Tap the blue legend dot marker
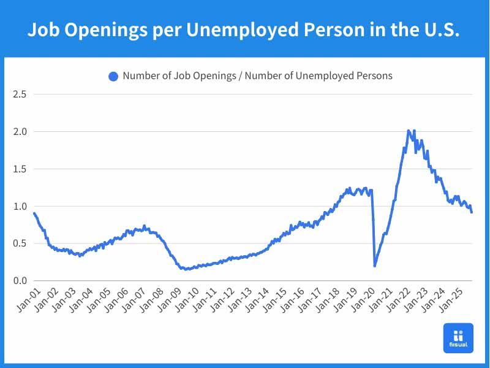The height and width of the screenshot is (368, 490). pos(113,76)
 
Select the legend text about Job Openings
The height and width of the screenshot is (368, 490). pos(257,76)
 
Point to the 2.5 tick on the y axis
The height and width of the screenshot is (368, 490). pos(20,94)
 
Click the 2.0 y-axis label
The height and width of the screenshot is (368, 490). pos(20,131)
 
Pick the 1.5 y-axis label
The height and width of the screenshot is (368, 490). pos(20,169)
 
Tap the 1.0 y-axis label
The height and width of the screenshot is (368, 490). pos(20,206)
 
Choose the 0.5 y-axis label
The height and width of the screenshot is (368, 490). pos(20,243)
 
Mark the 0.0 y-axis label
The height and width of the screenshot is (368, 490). pos(20,281)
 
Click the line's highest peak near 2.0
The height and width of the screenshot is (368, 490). pos(409,131)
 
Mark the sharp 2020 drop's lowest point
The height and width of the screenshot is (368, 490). pos(375,266)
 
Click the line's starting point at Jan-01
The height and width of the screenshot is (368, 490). pos(34,213)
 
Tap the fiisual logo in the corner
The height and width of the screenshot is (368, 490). pos(458,338)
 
